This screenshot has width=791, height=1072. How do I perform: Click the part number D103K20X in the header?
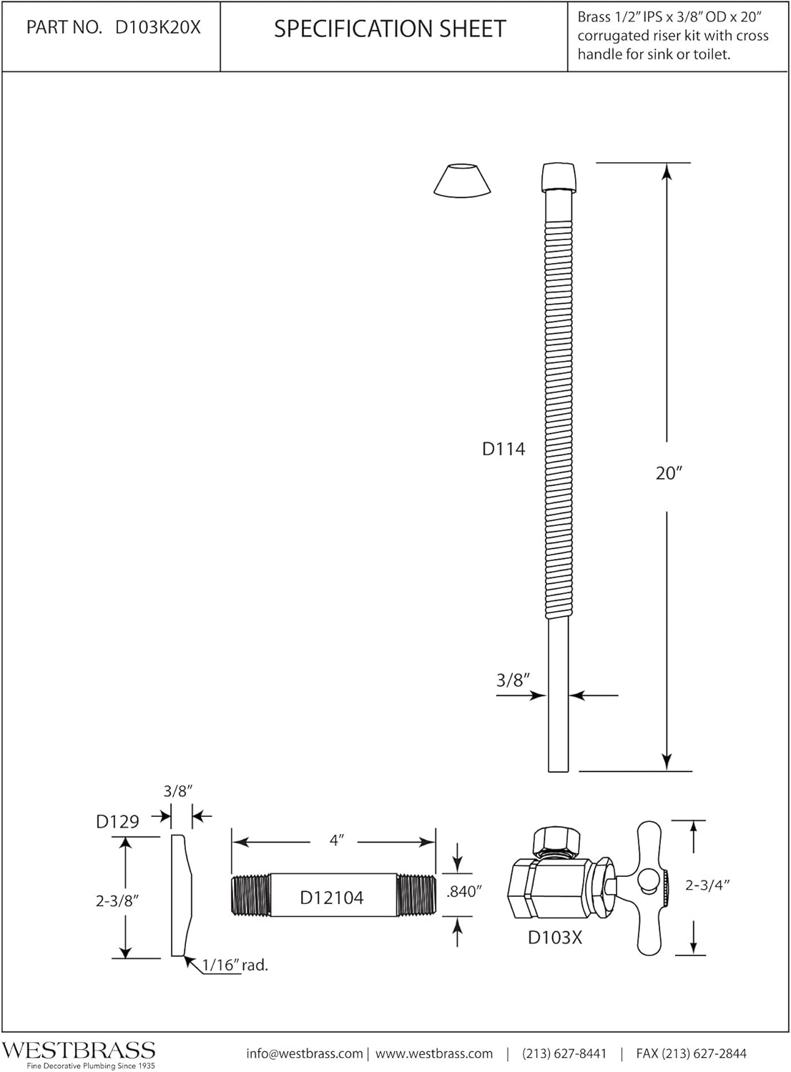tap(158, 27)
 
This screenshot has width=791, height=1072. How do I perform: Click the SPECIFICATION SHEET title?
tap(390, 29)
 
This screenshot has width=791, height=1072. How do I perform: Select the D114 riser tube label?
tap(503, 449)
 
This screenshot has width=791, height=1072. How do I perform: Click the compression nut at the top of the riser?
tap(559, 177)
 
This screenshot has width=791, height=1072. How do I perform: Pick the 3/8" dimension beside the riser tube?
tap(514, 680)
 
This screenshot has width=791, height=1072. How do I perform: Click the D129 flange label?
tap(117, 822)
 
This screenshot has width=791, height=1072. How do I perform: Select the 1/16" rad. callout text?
tap(235, 966)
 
